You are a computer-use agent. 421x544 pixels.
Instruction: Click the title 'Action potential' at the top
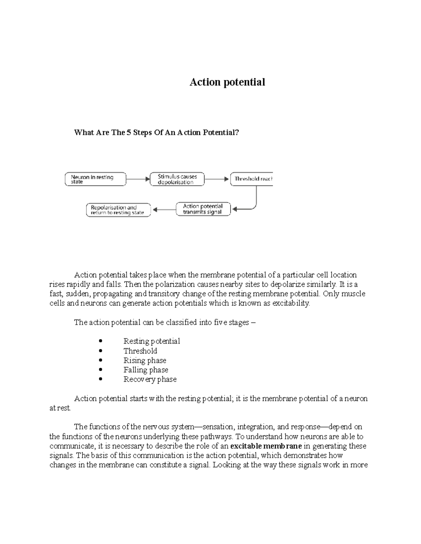pyautogui.click(x=227, y=82)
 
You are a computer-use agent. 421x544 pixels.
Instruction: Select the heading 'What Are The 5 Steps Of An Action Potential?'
pyautogui.click(x=156, y=132)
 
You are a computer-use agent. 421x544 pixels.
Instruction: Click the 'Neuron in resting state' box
pyautogui.click(x=95, y=179)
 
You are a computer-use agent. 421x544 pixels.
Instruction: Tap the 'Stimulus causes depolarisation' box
pyautogui.click(x=177, y=179)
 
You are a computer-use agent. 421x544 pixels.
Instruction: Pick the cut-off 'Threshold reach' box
pyautogui.click(x=252, y=179)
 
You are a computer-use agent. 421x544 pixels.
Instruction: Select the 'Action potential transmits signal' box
pyautogui.click(x=203, y=209)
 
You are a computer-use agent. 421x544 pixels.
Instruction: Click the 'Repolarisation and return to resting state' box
pyautogui.click(x=118, y=210)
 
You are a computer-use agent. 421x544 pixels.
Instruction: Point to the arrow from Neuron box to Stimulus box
pyautogui.click(x=138, y=179)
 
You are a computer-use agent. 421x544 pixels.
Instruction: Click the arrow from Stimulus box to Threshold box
pyautogui.click(x=216, y=179)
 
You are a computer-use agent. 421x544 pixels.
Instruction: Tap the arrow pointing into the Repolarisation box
pyautogui.click(x=163, y=210)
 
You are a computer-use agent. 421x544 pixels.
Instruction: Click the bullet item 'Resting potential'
pyautogui.click(x=152, y=341)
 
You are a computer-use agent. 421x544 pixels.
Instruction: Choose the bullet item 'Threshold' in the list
pyautogui.click(x=140, y=351)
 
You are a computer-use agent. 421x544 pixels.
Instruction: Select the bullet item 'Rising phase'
pyautogui.click(x=145, y=360)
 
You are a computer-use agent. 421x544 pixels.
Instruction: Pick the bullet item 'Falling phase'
pyautogui.click(x=146, y=370)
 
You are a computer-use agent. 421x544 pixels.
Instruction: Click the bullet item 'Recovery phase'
pyautogui.click(x=150, y=379)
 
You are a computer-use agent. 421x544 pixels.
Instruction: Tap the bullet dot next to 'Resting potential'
pyautogui.click(x=101, y=341)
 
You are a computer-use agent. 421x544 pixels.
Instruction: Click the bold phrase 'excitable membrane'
pyautogui.click(x=266, y=446)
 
